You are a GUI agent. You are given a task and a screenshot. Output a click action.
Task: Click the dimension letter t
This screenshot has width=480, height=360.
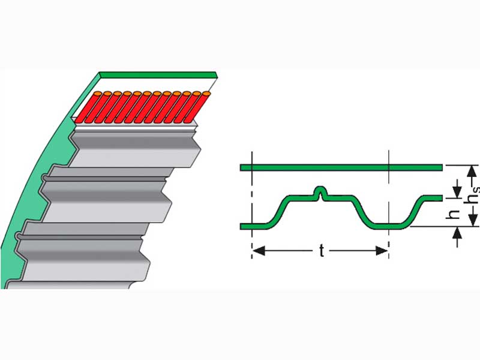(322, 251)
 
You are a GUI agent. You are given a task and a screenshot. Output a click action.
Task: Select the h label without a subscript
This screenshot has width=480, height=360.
(455, 214)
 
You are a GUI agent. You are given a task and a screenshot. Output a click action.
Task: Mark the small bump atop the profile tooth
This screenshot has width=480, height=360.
(322, 193)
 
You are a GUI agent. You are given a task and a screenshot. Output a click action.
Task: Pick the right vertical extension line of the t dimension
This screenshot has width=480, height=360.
(389, 204)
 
